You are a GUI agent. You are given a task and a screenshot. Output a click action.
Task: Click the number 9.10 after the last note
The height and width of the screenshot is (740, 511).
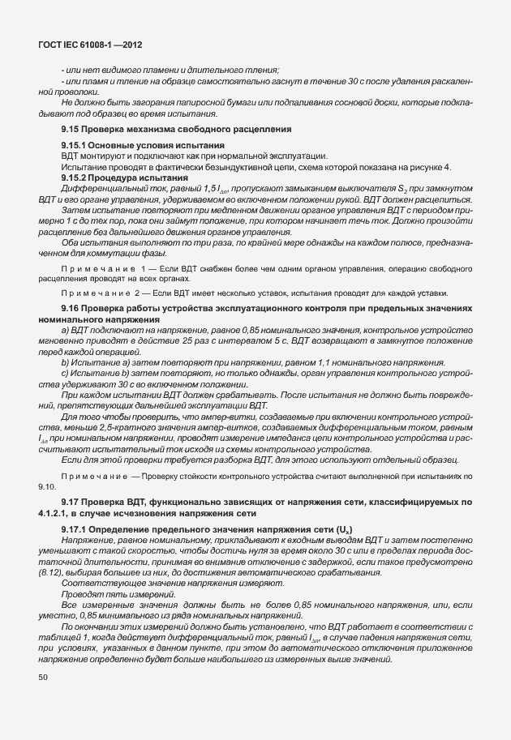[46, 486]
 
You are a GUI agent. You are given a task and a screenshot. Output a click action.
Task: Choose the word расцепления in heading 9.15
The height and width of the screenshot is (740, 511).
[263, 130]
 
